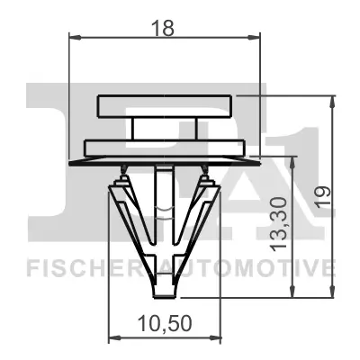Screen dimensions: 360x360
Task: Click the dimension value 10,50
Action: tap(163, 322)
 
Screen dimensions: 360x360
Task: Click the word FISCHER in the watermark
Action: tap(74, 267)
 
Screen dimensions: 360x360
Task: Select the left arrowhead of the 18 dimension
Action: tap(73, 37)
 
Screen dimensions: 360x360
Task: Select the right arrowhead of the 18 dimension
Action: tap(256, 37)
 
